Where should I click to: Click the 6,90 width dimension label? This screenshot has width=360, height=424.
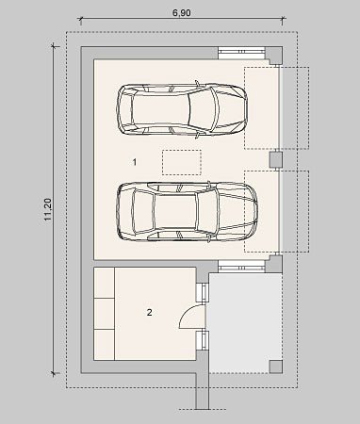[x=181, y=13]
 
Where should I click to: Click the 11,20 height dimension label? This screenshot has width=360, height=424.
[x=48, y=209]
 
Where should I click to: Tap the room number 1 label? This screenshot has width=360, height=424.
[x=135, y=162]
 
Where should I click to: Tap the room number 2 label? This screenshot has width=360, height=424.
[x=150, y=312]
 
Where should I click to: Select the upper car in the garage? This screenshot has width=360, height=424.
[x=182, y=109]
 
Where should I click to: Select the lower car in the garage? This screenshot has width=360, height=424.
[x=188, y=212]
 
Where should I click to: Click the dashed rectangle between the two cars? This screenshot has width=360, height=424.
[x=182, y=162]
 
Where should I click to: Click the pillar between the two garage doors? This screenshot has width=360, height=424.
[x=276, y=159]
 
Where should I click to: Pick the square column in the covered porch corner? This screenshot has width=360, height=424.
[x=276, y=367]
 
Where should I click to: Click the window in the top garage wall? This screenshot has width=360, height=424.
[x=241, y=53]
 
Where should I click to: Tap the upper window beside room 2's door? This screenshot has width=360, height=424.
[x=203, y=293]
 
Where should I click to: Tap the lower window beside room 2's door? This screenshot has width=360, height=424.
[x=203, y=340]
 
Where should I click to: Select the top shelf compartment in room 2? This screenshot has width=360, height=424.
[x=104, y=283]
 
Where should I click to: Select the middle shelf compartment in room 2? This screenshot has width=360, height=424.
[x=104, y=314]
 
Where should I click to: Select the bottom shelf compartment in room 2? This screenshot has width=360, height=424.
[x=104, y=345]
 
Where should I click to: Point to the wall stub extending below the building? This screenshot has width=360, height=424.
[x=203, y=391]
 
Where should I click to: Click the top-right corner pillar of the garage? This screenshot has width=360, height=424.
[x=274, y=56]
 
